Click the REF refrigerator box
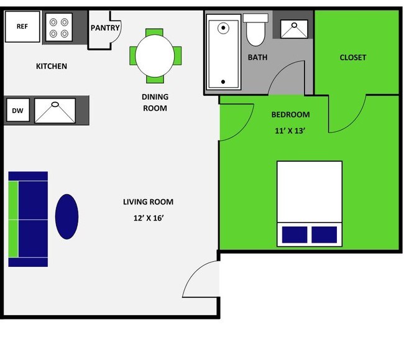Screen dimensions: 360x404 pyautogui.click(x=22, y=27)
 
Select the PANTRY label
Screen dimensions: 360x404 pyautogui.click(x=105, y=28)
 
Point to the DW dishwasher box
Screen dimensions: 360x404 pyautogui.click(x=17, y=111)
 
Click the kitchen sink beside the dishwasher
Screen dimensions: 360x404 pyautogui.click(x=55, y=111)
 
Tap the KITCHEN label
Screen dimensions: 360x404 pyautogui.click(x=52, y=67)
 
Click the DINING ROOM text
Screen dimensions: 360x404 pyautogui.click(x=155, y=103)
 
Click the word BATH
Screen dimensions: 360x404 pyautogui.click(x=257, y=58)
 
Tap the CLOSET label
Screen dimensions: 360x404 pyautogui.click(x=353, y=58)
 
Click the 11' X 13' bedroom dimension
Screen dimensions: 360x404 pyautogui.click(x=291, y=131)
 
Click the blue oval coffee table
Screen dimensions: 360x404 pyautogui.click(x=67, y=216)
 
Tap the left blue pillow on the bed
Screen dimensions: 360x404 pyautogui.click(x=295, y=234)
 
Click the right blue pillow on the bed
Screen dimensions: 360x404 pyautogui.click(x=324, y=234)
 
